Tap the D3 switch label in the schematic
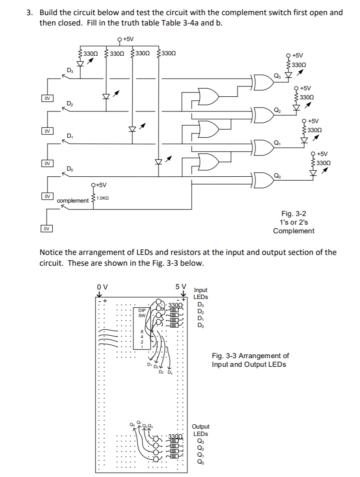[x=69, y=70]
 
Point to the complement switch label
[x=73, y=201]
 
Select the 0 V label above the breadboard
[x=102, y=286]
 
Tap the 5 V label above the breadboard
[x=181, y=286]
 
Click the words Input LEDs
[x=201, y=293]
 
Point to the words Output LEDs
[x=201, y=430]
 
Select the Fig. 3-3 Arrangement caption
[x=250, y=360]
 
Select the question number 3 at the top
[x=29, y=13]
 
